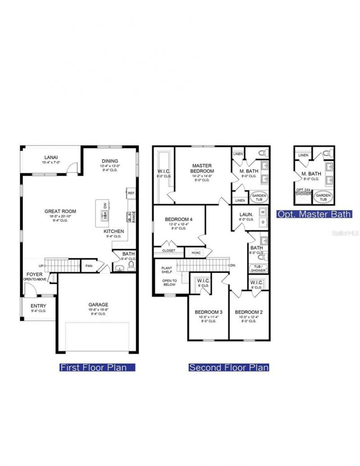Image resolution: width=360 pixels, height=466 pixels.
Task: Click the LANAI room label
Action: pyautogui.click(x=51, y=157)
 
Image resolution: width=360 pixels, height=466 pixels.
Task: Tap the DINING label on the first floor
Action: pyautogui.click(x=109, y=161)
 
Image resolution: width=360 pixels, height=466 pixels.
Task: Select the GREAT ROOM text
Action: pyautogui.click(x=60, y=211)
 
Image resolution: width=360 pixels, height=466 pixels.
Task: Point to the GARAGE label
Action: pyautogui.click(x=98, y=305)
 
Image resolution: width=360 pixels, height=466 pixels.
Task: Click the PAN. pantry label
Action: pyautogui.click(x=89, y=266)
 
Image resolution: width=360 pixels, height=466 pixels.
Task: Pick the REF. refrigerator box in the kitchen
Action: pyautogui.click(x=131, y=193)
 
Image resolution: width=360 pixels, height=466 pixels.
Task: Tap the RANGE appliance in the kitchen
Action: pyautogui.click(x=134, y=217)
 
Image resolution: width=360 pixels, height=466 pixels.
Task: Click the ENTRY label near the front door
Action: pyautogui.click(x=38, y=306)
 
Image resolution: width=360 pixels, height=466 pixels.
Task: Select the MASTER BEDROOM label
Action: pyautogui.click(x=202, y=168)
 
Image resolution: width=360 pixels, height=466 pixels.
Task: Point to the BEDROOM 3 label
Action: pyautogui.click(x=208, y=312)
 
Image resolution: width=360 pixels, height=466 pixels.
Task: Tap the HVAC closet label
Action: pyautogui.click(x=195, y=253)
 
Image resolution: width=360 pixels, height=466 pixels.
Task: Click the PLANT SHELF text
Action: pyautogui.click(x=167, y=269)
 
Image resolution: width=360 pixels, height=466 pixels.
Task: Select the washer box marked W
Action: pyautogui.click(x=262, y=212)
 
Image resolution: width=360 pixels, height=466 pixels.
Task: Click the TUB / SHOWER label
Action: pyautogui.click(x=258, y=269)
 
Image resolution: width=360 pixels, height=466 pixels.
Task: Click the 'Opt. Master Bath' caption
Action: pyautogui.click(x=314, y=214)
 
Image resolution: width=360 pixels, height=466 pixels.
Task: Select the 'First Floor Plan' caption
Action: pyautogui.click(x=98, y=367)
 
